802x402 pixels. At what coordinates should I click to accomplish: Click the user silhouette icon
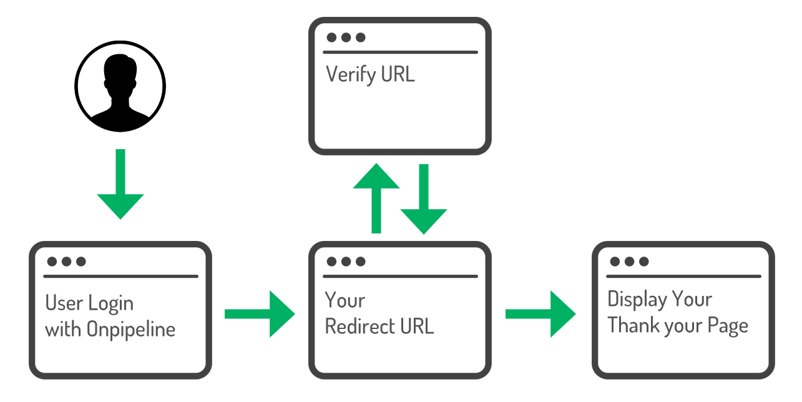coord(120,86)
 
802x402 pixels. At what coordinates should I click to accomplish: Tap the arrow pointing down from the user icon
coord(120,184)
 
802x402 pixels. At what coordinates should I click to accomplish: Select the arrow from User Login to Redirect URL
coord(260,314)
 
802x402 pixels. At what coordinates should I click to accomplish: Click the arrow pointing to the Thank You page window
coord(540,314)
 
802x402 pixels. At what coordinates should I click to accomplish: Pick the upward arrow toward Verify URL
coord(376,199)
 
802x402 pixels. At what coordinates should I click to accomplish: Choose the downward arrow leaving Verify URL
coord(424,199)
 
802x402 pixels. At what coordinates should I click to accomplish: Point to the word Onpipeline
coord(131,330)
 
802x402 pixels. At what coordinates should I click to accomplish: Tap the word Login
coord(110,303)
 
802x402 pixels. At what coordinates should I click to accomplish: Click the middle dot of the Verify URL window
coord(346,37)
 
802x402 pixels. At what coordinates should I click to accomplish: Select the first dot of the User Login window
coord(52,262)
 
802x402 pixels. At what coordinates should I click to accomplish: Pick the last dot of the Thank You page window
coord(643,262)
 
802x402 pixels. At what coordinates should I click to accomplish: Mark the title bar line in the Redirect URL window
coord(400,277)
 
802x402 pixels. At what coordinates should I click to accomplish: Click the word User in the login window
coord(64,303)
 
